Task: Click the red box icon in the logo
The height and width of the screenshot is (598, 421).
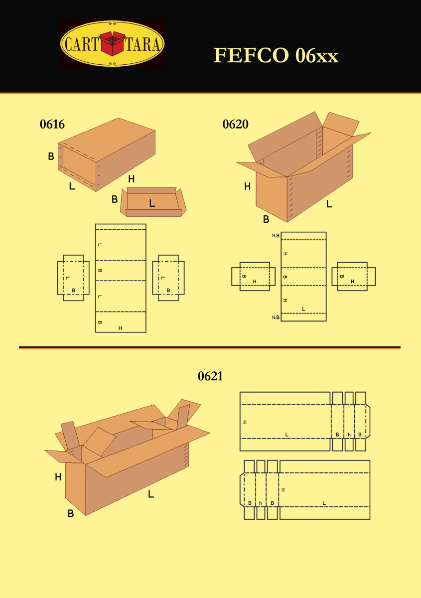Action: click(x=112, y=43)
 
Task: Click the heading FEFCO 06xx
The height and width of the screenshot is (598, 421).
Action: click(x=276, y=55)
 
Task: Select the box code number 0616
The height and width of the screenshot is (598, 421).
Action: click(x=52, y=125)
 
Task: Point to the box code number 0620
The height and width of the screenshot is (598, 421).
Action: click(x=235, y=125)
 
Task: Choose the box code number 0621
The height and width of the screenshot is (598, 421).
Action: click(x=210, y=377)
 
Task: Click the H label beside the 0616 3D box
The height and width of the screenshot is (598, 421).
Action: click(x=131, y=178)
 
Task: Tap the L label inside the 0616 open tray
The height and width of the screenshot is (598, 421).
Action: click(x=152, y=203)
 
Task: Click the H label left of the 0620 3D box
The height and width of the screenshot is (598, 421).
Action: click(x=247, y=186)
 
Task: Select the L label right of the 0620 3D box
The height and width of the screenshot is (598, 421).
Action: click(x=329, y=204)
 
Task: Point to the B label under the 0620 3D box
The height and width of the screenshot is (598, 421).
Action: click(x=266, y=219)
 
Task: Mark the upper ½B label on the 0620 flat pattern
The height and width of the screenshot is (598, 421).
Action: click(x=276, y=236)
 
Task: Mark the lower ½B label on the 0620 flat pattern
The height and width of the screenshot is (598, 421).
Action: click(x=276, y=317)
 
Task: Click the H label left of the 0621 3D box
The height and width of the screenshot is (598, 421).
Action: click(x=58, y=477)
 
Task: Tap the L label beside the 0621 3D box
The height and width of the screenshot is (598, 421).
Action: click(x=150, y=494)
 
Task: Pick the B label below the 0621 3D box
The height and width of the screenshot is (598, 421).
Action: click(x=71, y=513)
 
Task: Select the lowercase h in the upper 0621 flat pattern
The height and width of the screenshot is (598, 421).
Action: click(x=349, y=435)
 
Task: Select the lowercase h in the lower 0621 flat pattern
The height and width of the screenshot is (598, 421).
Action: click(x=261, y=503)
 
